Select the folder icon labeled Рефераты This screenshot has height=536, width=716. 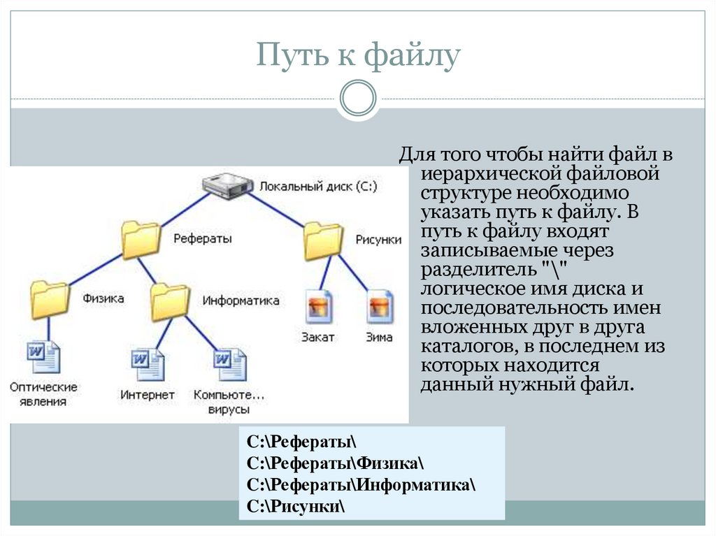tap(141, 240)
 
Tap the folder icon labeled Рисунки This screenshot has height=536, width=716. tap(323, 240)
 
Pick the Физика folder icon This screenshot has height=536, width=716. tap(50, 300)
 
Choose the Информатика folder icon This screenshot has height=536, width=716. tap(170, 301)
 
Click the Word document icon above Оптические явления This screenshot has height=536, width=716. tap(43, 357)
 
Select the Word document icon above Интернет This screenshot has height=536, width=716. tap(148, 364)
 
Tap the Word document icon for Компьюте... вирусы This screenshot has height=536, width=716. tap(230, 364)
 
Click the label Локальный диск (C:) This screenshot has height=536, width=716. tap(318, 187)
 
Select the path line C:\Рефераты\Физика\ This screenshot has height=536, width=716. tap(335, 463)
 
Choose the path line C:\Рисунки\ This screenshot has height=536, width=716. tap(296, 506)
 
